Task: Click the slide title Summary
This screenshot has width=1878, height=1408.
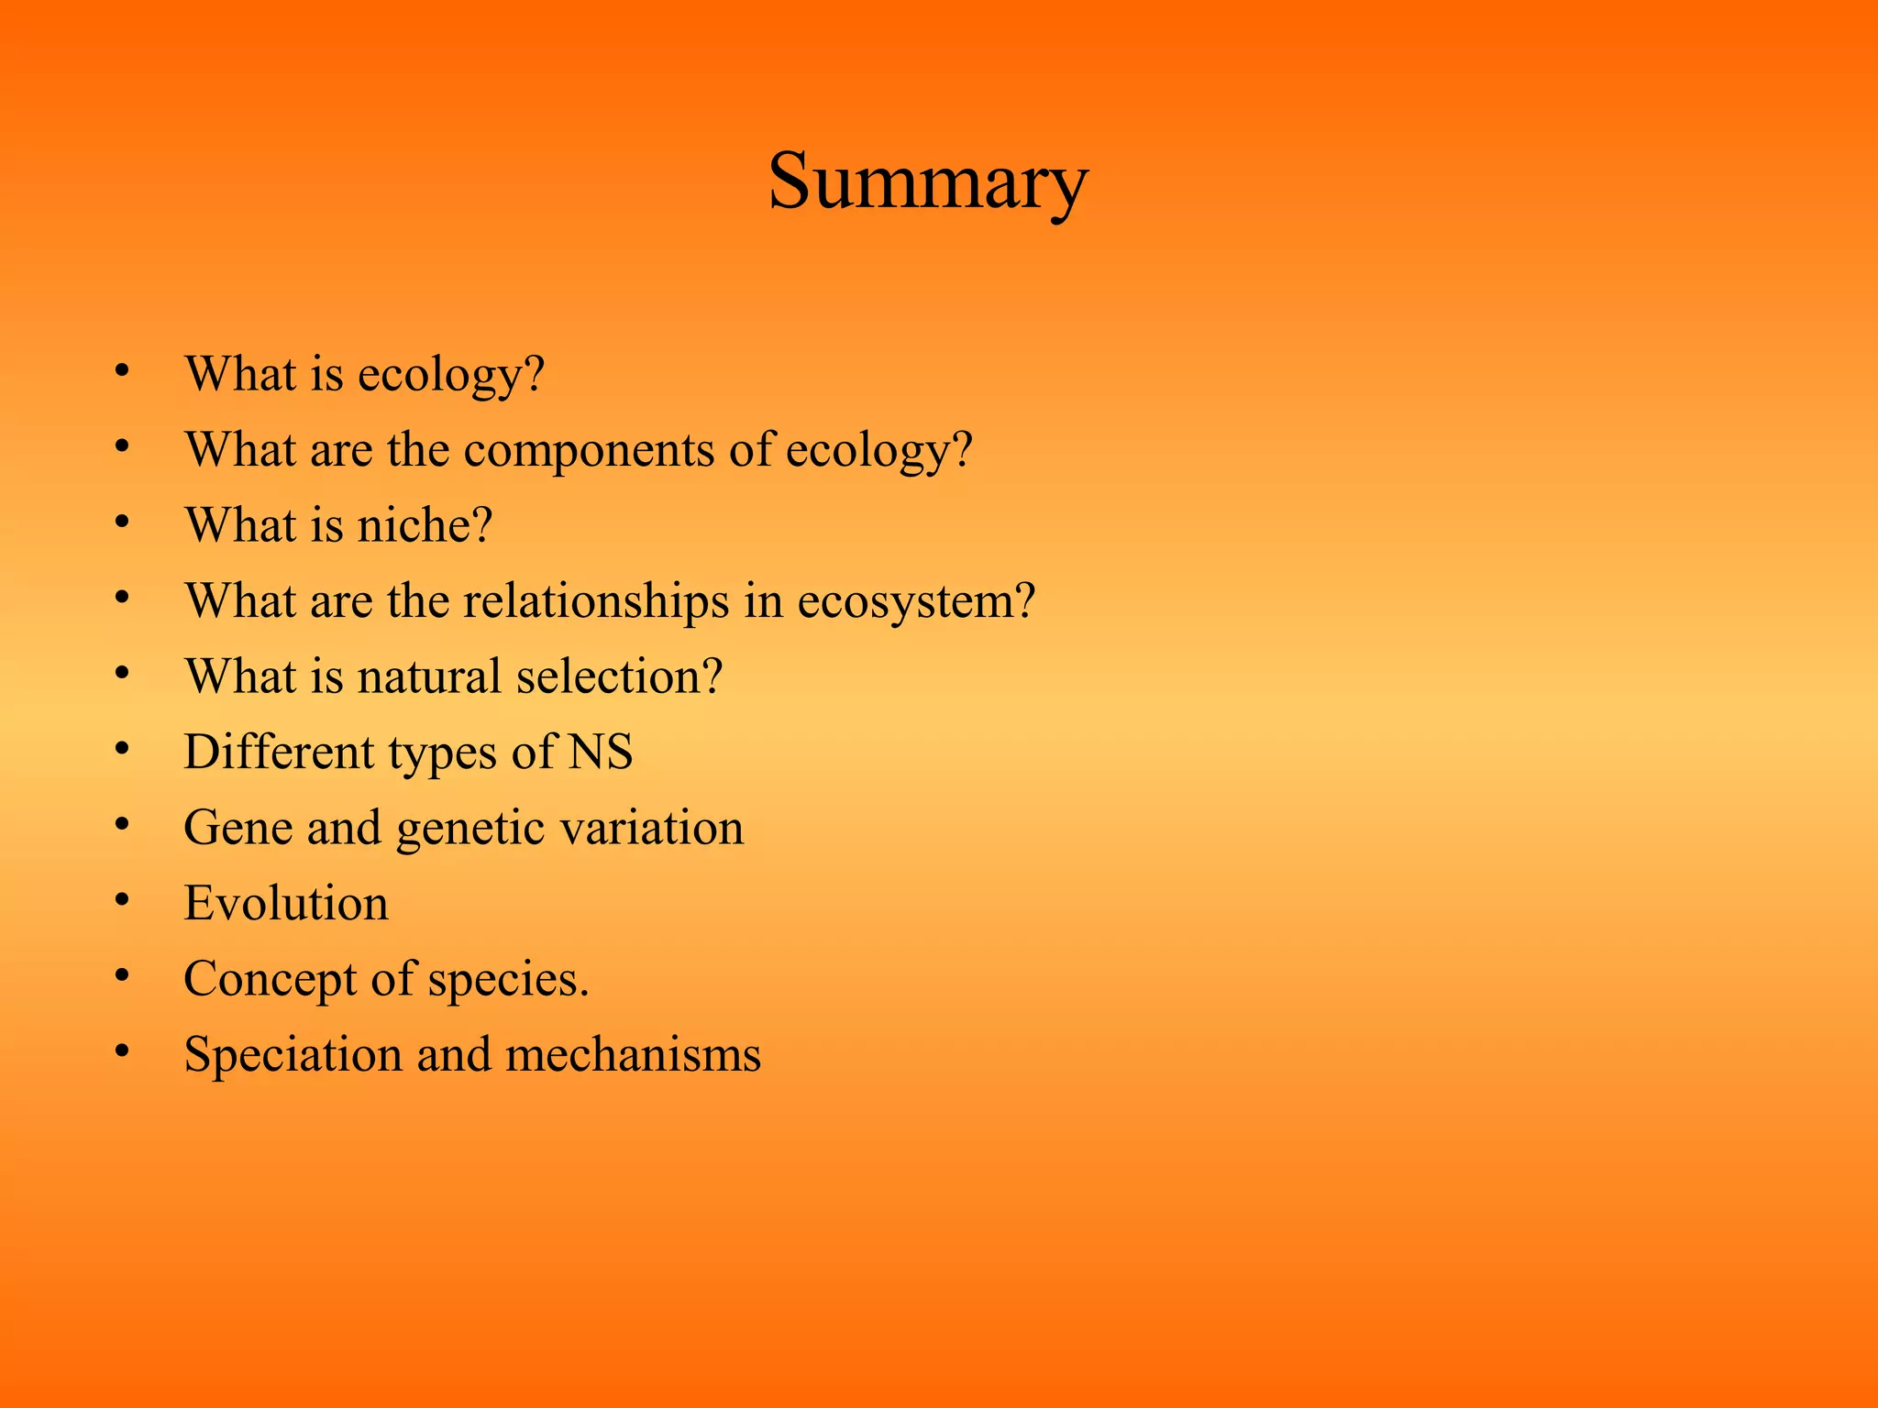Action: point(928,181)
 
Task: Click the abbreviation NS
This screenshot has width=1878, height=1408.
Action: point(601,752)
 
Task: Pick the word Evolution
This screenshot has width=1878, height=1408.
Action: point(286,903)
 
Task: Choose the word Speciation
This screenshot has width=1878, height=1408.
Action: point(293,1054)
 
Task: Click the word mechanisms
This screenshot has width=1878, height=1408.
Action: point(633,1054)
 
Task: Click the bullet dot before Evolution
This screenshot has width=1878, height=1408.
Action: point(122,900)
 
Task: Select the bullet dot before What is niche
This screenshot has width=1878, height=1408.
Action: point(122,522)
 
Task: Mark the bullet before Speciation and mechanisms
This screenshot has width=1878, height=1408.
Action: point(122,1051)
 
